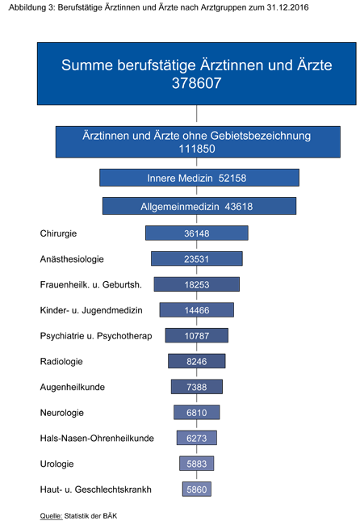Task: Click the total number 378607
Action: (x=197, y=83)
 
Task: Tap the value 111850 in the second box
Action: (x=197, y=149)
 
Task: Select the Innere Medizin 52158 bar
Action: (x=199, y=178)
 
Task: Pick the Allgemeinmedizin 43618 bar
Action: (x=199, y=206)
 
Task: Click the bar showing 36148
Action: (x=197, y=233)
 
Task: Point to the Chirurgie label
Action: (x=58, y=233)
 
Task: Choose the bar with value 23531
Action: (x=197, y=258)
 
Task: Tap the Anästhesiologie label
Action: (x=72, y=258)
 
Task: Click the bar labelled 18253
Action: (x=197, y=284)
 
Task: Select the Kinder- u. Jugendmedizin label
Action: (x=91, y=310)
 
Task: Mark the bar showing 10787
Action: (x=197, y=335)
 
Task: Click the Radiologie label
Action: (x=61, y=361)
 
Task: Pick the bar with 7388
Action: (x=197, y=387)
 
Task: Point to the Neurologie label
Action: (x=62, y=412)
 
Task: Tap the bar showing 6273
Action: (x=197, y=438)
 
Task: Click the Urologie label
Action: (x=57, y=464)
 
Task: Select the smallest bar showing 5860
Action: (x=197, y=489)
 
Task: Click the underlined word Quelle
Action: (x=51, y=515)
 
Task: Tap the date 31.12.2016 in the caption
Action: (x=287, y=7)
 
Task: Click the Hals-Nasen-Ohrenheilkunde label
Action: (x=97, y=438)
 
